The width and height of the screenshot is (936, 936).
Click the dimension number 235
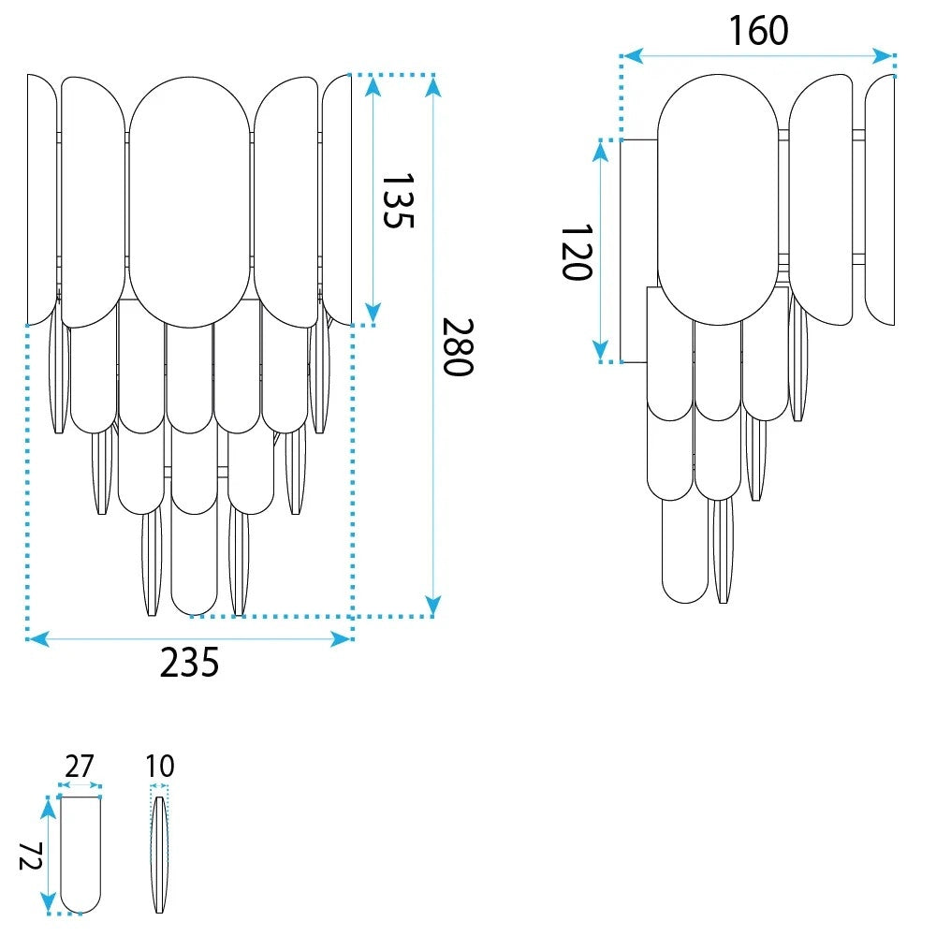(x=189, y=662)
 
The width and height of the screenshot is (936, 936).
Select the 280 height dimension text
(x=458, y=347)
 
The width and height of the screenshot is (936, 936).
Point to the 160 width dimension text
(x=758, y=31)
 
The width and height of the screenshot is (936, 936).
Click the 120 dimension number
(x=577, y=252)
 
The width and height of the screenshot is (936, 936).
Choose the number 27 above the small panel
(x=80, y=766)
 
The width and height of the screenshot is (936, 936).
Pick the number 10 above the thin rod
(x=160, y=766)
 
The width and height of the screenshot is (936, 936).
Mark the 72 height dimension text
(x=32, y=856)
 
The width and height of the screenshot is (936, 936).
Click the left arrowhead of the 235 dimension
(x=38, y=639)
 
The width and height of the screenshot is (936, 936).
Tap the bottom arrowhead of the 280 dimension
(x=433, y=606)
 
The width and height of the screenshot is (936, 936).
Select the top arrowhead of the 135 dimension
(x=373, y=86)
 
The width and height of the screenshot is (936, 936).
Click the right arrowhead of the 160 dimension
(x=883, y=56)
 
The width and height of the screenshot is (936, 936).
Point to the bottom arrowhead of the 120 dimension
(x=600, y=351)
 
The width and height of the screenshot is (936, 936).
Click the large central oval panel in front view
(x=189, y=202)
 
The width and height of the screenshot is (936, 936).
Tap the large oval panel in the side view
(x=718, y=199)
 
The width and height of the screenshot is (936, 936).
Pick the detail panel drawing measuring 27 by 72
(x=80, y=855)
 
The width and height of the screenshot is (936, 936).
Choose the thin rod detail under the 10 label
(x=159, y=855)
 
